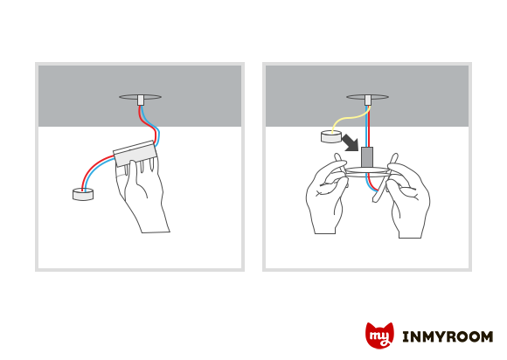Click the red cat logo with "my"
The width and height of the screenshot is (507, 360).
379,336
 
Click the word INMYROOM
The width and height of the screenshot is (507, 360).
448,336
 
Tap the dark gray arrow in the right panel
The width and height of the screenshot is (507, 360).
351,142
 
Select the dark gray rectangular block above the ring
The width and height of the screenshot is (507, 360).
367,157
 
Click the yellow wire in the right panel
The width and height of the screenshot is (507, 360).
349,119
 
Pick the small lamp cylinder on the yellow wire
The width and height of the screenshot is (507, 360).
331,136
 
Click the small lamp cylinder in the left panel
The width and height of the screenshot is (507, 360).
83,194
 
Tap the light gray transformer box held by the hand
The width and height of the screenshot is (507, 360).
135,153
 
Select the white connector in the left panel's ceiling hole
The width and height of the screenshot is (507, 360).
141,100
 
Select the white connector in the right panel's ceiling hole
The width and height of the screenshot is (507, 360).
368,100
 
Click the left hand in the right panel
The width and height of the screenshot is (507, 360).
327,194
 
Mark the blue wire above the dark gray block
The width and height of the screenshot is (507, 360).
366,126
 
